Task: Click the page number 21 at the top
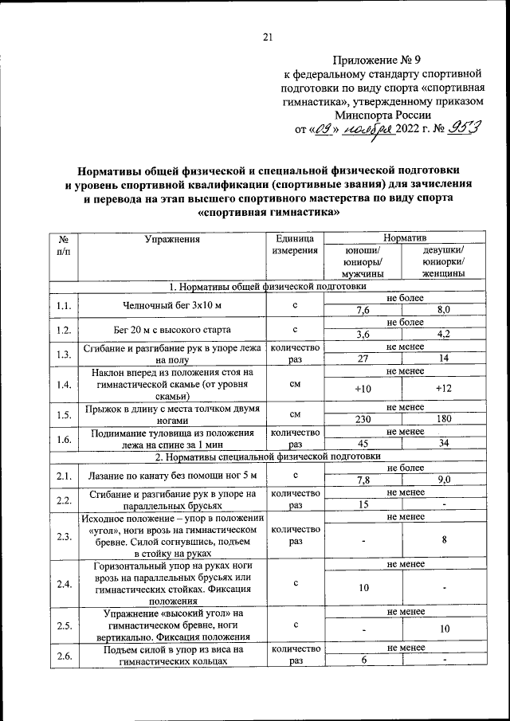267,35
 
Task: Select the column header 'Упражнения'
171,239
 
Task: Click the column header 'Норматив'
404,239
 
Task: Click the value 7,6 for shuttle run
363,311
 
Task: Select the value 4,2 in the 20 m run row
444,335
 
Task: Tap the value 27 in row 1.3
363,359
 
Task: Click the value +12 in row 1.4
444,388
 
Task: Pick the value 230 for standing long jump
363,419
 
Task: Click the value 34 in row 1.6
444,444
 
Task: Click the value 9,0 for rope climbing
444,480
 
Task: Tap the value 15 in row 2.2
363,504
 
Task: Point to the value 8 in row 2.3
444,539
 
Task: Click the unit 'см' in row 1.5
295,414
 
